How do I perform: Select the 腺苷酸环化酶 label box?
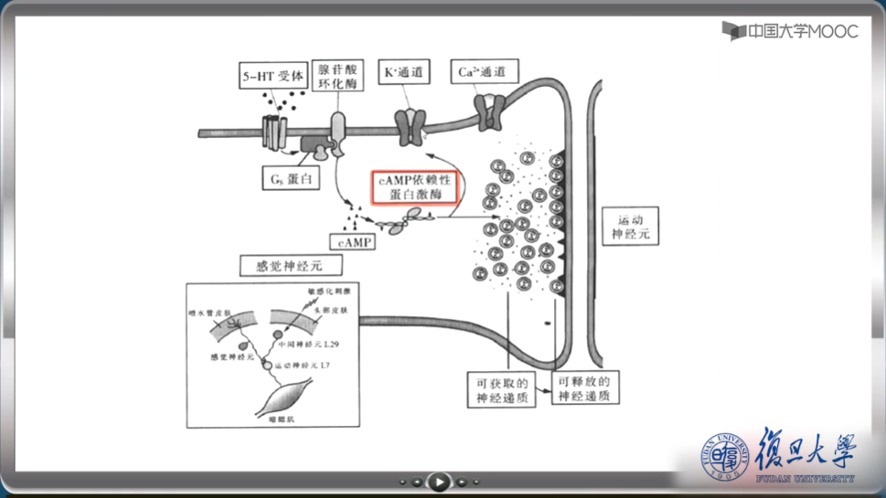point(338,76)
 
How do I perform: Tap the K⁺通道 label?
point(403,70)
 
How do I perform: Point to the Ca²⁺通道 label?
point(485,70)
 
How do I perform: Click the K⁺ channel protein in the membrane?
point(410,125)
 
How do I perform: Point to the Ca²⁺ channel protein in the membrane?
point(491,111)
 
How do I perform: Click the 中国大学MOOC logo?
point(790,30)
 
